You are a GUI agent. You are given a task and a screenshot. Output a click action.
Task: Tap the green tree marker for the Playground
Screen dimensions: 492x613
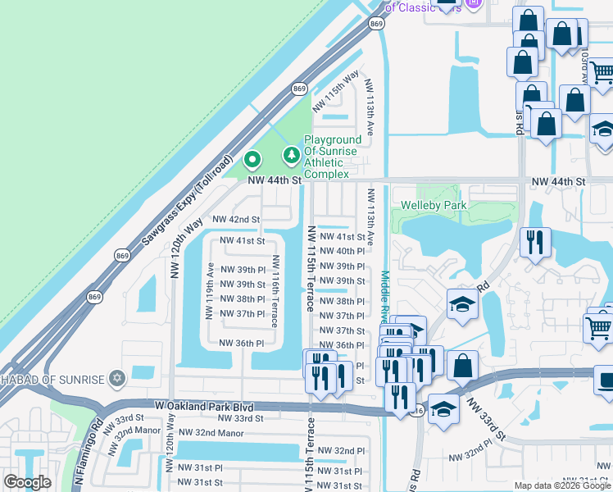coord(291,154)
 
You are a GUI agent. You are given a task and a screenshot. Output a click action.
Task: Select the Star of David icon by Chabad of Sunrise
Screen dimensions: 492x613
coord(117,378)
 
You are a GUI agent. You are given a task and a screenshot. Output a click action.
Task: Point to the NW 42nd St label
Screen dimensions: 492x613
coord(235,220)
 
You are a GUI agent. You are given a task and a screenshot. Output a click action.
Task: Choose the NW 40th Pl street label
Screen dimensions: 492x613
coord(341,252)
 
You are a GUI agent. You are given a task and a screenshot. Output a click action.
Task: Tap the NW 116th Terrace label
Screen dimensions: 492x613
coord(276,291)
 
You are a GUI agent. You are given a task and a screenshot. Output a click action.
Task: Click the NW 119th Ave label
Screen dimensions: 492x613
coord(211,290)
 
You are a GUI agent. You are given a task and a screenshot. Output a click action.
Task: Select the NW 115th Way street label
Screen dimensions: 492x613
coord(342,85)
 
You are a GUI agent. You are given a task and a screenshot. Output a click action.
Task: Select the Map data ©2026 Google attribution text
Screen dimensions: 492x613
coord(561,485)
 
